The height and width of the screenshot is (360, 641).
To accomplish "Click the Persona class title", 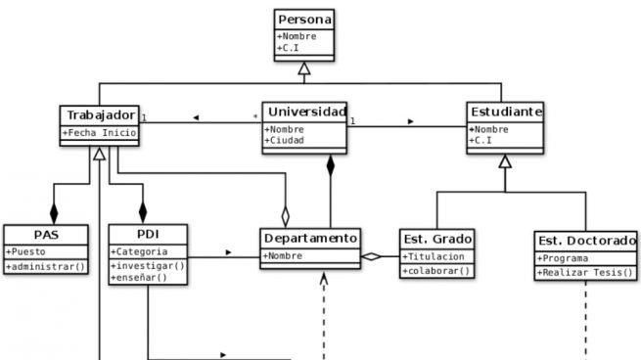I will (304, 20).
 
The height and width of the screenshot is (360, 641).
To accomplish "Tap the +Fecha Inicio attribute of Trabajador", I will (100, 133).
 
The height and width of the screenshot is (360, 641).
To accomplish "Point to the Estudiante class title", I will (505, 112).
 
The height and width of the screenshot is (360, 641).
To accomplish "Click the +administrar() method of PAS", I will (45, 266).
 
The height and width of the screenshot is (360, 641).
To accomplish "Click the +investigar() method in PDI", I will (146, 266).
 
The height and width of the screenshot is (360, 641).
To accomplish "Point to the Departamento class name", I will (310, 238).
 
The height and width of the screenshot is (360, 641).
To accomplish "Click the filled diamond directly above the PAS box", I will (55, 212).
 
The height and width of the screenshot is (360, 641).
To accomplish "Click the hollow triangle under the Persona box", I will (304, 67).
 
